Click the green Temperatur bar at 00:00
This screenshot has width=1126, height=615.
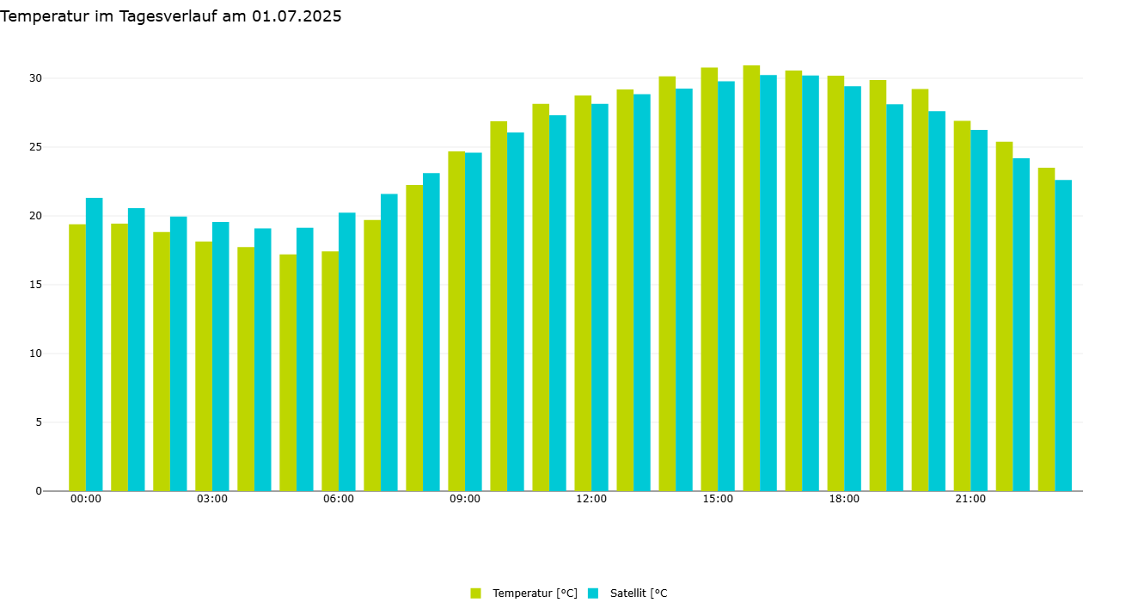tap(77, 357)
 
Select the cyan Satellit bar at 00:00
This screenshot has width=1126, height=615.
tap(94, 344)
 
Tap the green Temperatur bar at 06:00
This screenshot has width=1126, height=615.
tap(330, 371)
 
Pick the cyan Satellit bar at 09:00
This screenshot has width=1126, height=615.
tap(474, 322)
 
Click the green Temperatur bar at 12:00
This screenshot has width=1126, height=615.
tap(583, 292)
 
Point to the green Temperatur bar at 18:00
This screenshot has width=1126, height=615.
tap(835, 283)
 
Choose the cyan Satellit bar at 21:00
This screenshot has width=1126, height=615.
tap(979, 310)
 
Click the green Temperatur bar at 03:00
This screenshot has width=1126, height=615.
tap(204, 366)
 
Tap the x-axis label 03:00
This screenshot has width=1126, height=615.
tap(212, 499)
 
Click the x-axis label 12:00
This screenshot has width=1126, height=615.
tap(591, 499)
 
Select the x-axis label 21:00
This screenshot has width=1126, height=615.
tap(970, 499)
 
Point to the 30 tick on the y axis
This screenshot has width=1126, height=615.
tap(35, 78)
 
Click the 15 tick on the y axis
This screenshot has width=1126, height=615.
tap(35, 285)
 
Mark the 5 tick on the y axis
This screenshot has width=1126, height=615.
tap(38, 422)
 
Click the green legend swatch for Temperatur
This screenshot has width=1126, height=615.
tap(476, 593)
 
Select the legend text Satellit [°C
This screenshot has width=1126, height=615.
tap(639, 593)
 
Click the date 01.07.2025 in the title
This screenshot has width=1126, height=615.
tap(297, 16)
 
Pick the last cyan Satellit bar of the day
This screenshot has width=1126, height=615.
tap(1063, 335)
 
